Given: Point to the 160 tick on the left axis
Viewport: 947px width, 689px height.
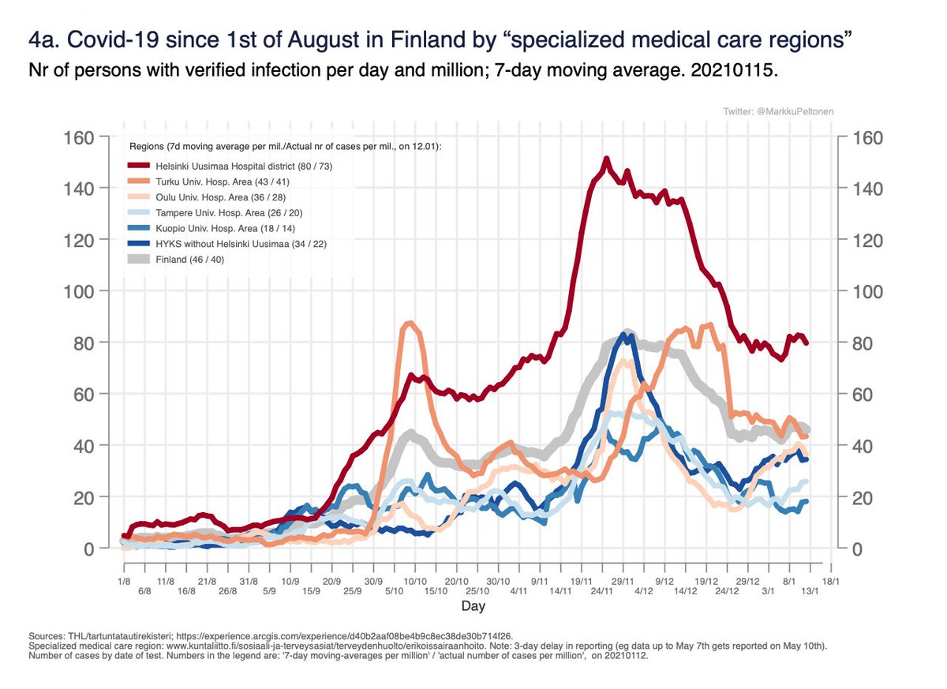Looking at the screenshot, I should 80,137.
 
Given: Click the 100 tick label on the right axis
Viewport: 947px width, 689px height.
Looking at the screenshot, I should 866,291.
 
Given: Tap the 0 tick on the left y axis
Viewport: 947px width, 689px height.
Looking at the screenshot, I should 90,549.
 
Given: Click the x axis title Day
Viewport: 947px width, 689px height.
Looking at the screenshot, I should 473,607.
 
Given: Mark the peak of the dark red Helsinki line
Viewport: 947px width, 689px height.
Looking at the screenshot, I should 606,159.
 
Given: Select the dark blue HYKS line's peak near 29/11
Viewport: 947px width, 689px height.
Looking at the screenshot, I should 624,335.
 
